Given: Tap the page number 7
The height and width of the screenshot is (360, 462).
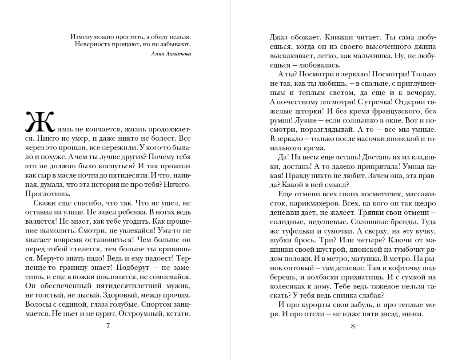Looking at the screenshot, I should pyautogui.click(x=108, y=326).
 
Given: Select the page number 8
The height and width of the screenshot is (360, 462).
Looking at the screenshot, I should pyautogui.click(x=353, y=326).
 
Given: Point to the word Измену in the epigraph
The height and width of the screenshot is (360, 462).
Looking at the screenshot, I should pyautogui.click(x=82, y=36).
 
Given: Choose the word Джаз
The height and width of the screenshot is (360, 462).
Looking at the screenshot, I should pyautogui.click(x=279, y=37).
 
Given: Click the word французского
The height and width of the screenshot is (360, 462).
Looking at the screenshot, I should pyautogui.click(x=391, y=111).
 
